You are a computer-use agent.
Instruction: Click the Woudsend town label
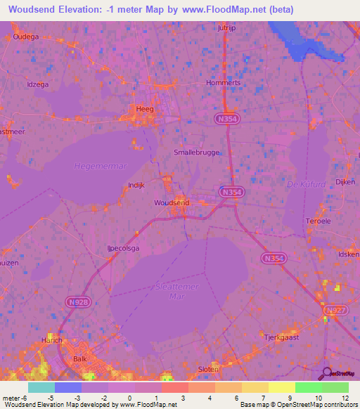[x=172, y=202]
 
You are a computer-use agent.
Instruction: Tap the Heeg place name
[x=146, y=109]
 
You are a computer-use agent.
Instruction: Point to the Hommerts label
[x=223, y=82]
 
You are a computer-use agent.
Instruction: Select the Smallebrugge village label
[x=197, y=152]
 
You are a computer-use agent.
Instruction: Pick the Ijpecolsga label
[x=122, y=248]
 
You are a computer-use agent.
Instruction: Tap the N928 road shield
[x=79, y=301]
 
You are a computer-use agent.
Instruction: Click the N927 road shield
[x=335, y=310]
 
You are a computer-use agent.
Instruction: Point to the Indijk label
[x=136, y=185]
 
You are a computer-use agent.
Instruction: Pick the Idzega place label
[x=38, y=85]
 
